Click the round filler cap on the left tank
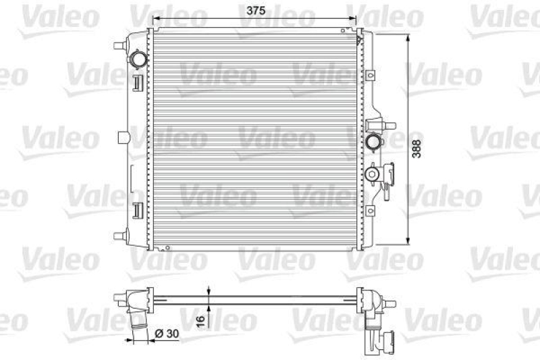click(x=140, y=60)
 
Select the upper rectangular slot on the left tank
click(x=137, y=82)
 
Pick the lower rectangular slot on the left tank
click(x=137, y=210)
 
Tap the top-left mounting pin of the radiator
click(x=119, y=46)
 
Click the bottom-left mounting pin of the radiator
click(x=119, y=236)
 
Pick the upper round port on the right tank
click(x=373, y=142)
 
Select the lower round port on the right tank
click(x=372, y=174)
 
